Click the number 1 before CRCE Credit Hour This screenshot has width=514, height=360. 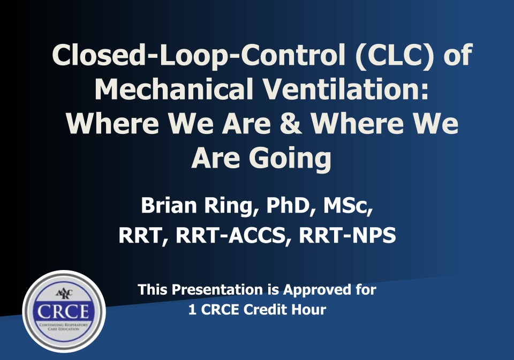point(192,310)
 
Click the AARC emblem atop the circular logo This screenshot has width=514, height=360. point(64,293)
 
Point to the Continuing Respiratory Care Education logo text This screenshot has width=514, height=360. point(64,326)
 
